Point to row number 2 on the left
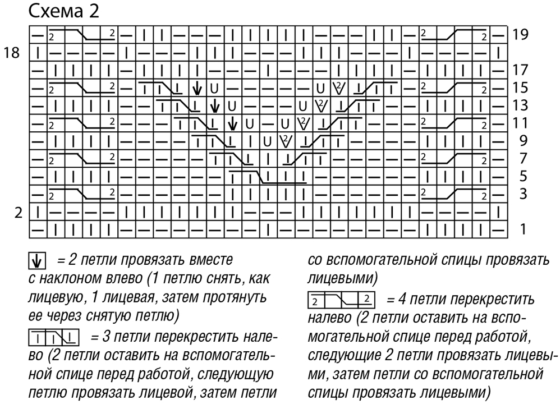tap(18, 213)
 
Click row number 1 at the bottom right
tap(523, 229)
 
